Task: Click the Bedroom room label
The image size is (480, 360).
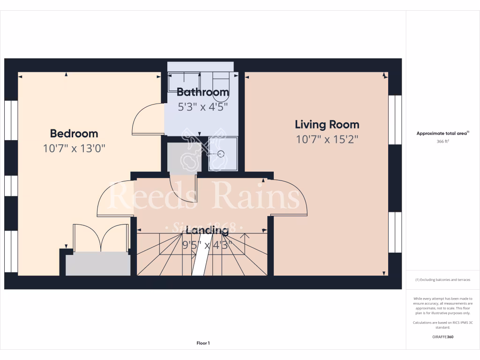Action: [x=74, y=134]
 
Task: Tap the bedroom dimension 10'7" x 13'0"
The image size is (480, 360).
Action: [x=74, y=149]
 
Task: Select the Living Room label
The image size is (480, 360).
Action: [x=327, y=125]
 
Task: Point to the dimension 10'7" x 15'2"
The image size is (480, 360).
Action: [x=327, y=139]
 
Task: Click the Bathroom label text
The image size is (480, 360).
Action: [x=203, y=92]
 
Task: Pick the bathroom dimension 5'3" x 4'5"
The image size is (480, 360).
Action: [x=203, y=107]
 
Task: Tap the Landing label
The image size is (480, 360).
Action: [x=207, y=230]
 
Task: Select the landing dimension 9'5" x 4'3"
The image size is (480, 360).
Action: [x=207, y=244]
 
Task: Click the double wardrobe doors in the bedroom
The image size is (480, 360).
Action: [x=100, y=238]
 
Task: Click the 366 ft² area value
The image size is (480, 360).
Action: [x=443, y=141]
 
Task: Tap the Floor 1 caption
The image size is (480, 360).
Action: [x=203, y=343]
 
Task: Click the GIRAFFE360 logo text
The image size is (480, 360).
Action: [x=443, y=337]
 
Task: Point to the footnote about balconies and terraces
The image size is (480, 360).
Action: [x=443, y=280]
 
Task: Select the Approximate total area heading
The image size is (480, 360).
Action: [x=443, y=134]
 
